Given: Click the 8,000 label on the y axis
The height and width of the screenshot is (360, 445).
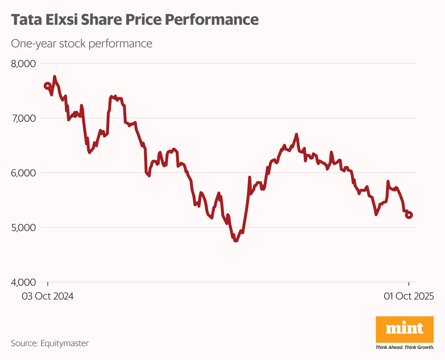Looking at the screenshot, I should (23, 64).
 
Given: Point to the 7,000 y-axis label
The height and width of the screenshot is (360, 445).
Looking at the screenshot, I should (23, 118).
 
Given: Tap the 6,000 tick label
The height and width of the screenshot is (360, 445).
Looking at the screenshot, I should (23, 173).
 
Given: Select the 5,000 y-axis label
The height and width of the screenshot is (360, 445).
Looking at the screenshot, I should (23, 227).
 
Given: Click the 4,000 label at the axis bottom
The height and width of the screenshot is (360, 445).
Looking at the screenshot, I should (23, 282).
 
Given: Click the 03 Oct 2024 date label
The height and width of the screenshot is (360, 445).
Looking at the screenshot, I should (48, 296).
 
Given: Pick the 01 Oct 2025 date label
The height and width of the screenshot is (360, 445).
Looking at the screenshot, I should (409, 296).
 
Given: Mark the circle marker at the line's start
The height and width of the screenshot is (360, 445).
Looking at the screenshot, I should (47, 86).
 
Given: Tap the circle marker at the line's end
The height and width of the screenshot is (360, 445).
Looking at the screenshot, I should (409, 215).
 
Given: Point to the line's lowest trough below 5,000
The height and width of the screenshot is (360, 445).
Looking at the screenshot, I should (236, 240).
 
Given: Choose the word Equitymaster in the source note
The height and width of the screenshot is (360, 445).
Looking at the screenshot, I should (65, 343).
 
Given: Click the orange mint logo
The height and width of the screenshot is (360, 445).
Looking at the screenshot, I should (405, 329).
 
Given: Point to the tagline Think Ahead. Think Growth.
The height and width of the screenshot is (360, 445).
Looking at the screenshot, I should (405, 347).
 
